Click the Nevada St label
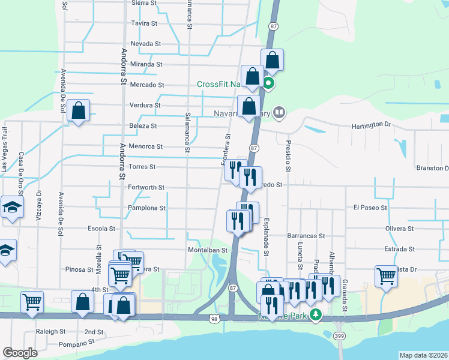click(145, 44)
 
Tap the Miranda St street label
click(146, 64)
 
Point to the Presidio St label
click(288, 156)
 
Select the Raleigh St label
click(50, 331)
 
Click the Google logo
click(20, 353)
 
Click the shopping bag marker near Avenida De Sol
click(78, 111)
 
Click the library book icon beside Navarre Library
click(279, 112)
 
